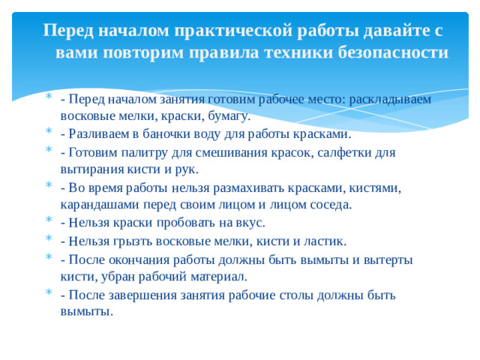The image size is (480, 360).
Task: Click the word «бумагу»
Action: (228, 116)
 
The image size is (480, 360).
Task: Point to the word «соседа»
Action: (328, 204)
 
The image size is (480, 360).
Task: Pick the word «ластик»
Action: (325, 241)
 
